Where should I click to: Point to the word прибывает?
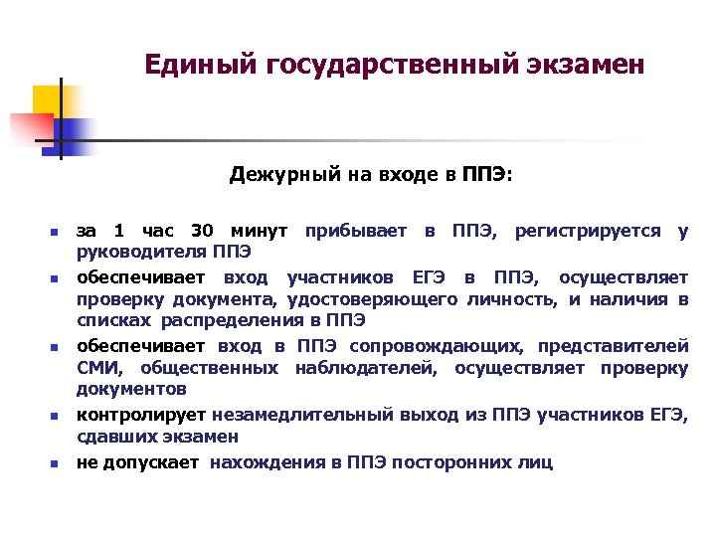point(356,231)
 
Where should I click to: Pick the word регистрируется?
point(586,231)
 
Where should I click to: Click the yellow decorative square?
point(48,100)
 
